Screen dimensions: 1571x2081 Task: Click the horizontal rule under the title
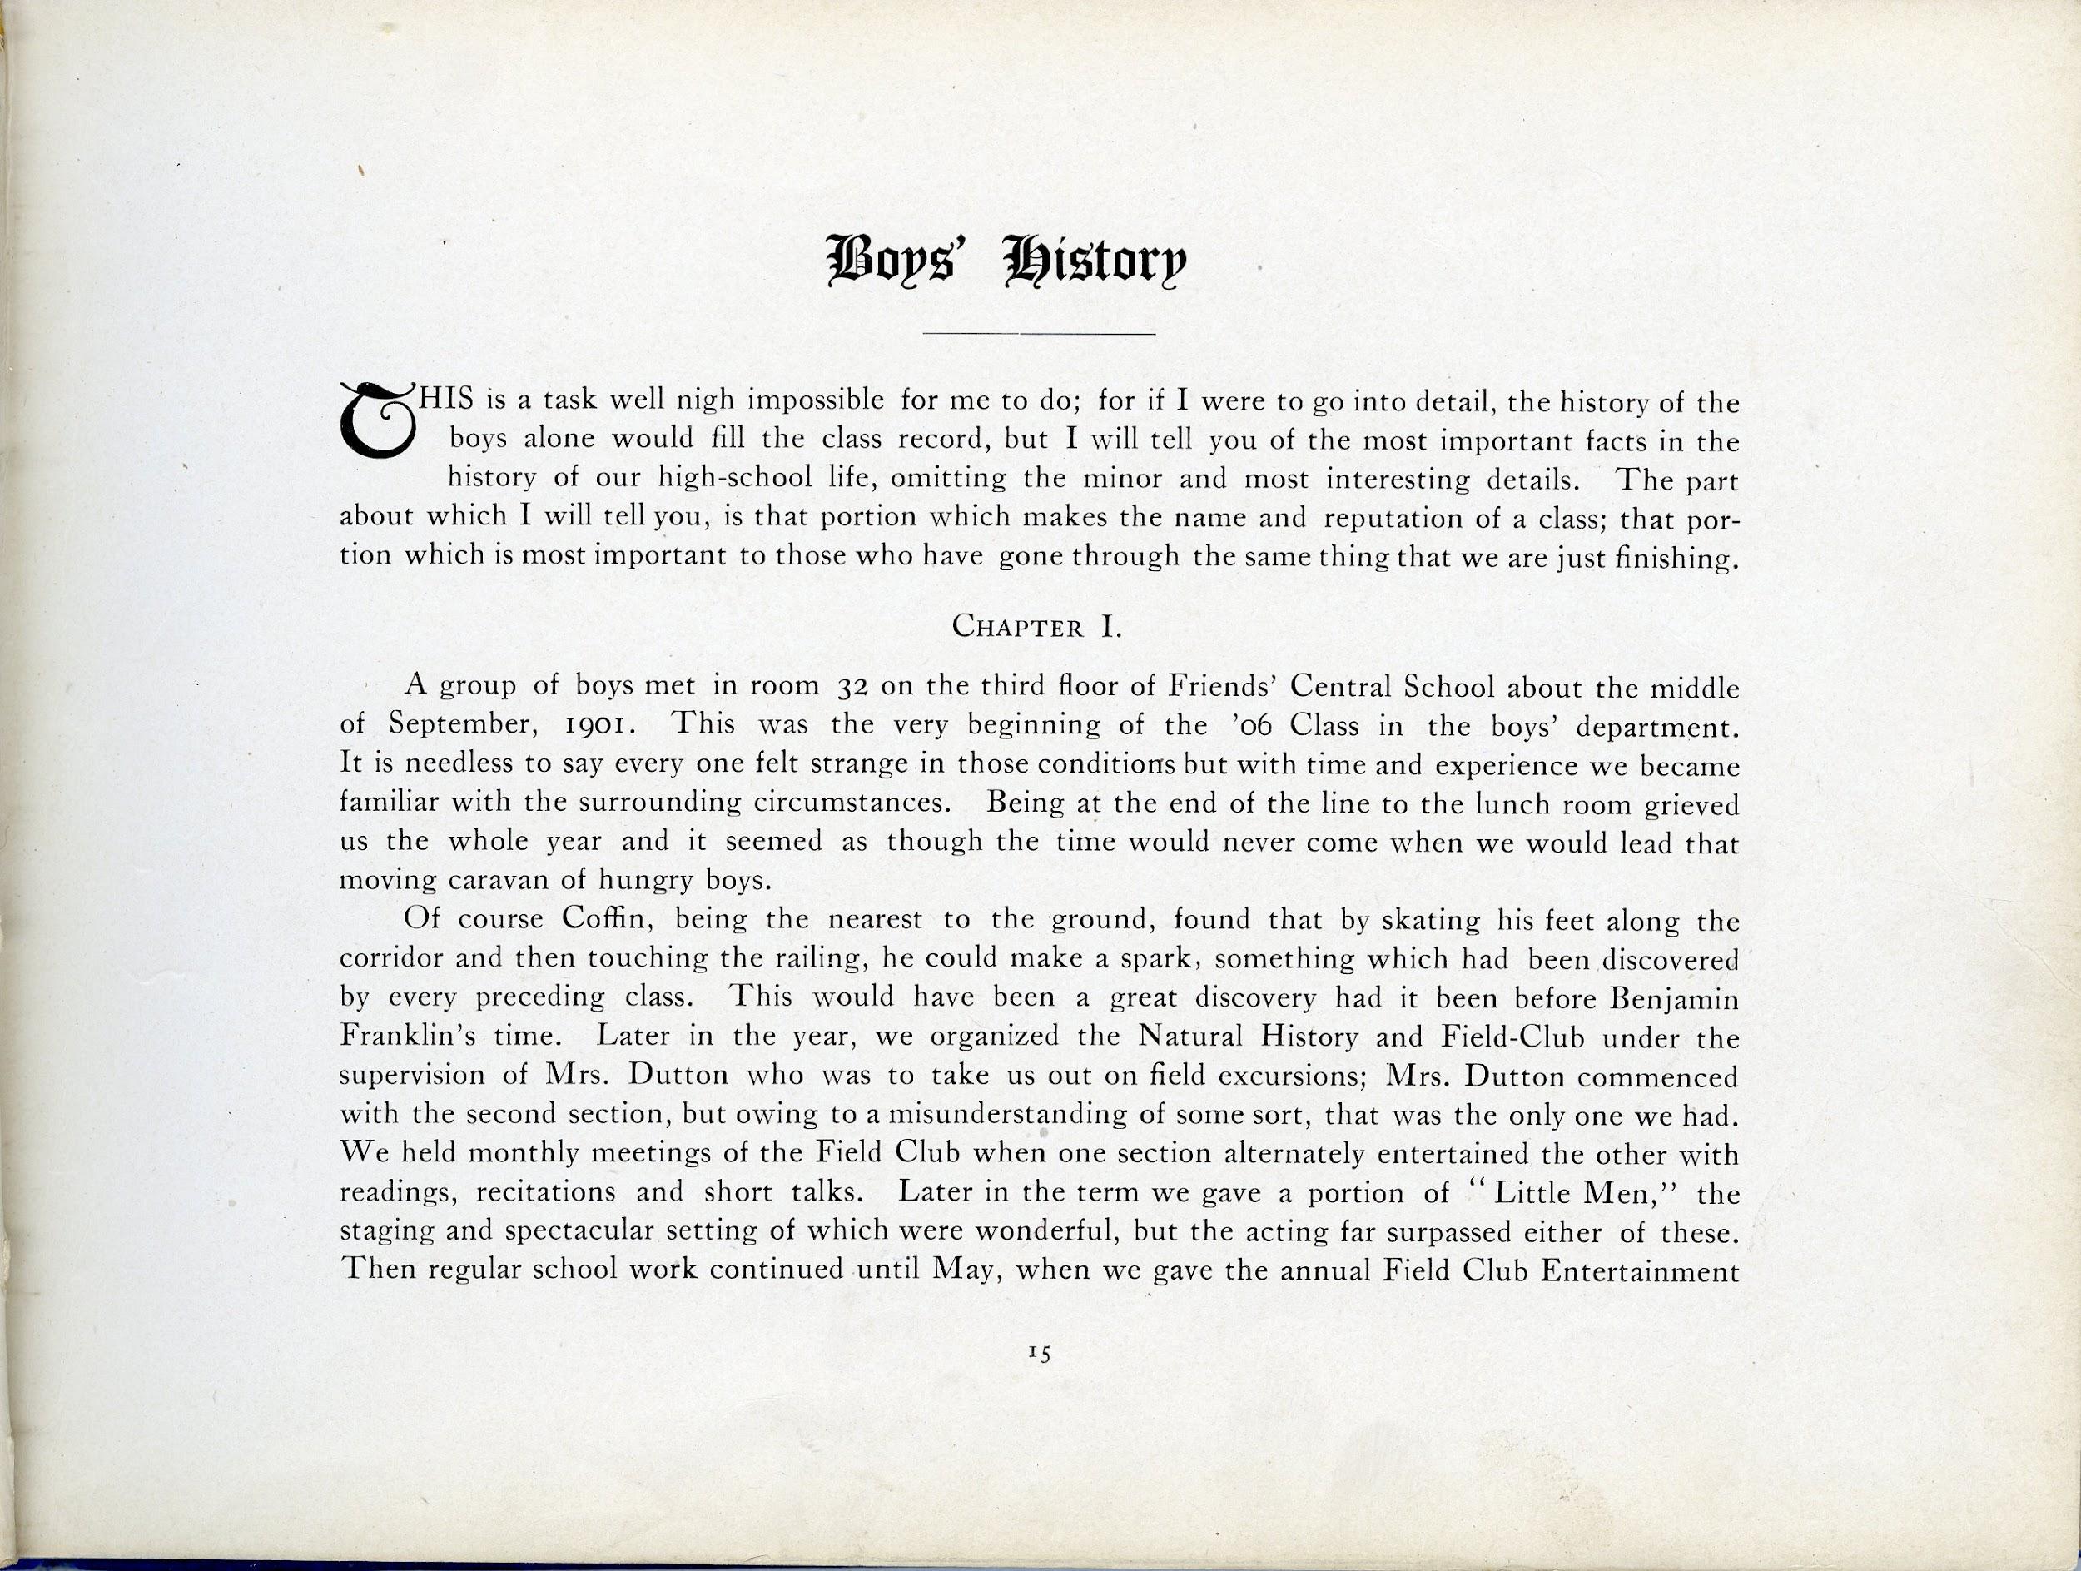pyautogui.click(x=1040, y=334)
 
